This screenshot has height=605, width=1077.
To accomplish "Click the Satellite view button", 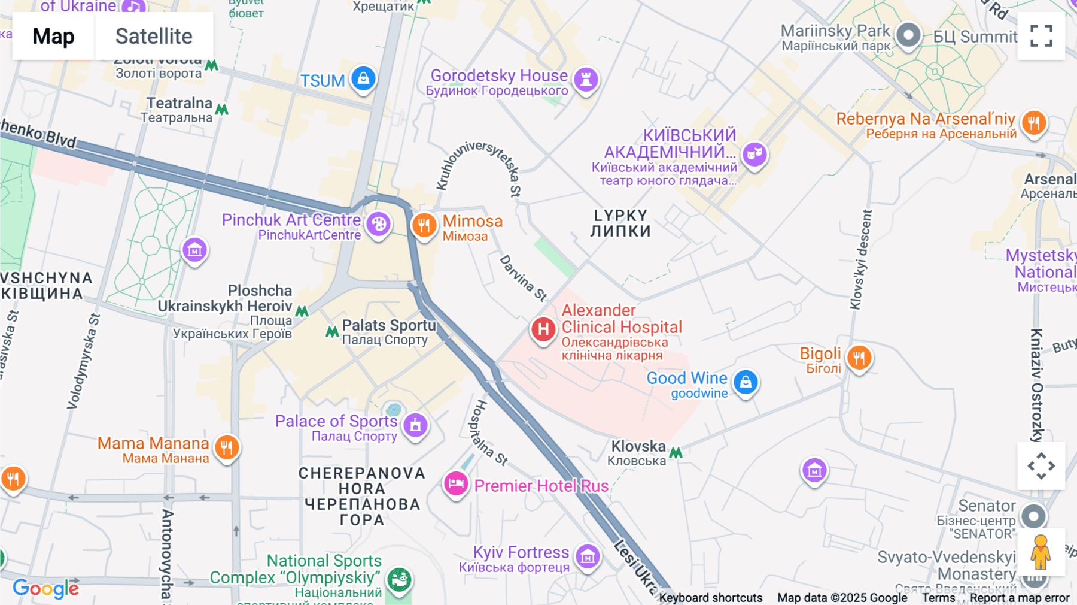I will (x=154, y=36).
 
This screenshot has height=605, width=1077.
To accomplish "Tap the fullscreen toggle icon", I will (x=1041, y=36).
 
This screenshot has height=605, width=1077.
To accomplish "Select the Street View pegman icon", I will (x=1041, y=552).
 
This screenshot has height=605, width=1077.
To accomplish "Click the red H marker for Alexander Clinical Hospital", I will (x=543, y=329).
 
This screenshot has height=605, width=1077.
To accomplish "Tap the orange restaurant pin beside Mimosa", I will (x=424, y=226).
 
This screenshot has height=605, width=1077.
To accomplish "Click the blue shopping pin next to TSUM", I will (x=363, y=78).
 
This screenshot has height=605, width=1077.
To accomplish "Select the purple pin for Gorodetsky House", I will (x=586, y=79).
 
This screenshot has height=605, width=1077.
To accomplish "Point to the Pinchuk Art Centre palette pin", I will (x=378, y=225).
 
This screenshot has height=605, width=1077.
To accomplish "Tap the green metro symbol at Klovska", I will (x=676, y=453).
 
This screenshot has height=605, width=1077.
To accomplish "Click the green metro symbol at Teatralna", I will (x=222, y=110).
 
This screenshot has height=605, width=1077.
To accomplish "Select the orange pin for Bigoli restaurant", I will (x=859, y=358).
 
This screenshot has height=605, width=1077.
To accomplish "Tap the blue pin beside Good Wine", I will (x=746, y=382).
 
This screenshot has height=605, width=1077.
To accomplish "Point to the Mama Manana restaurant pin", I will (x=227, y=447).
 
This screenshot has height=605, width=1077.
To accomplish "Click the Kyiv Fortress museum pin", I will (x=587, y=556).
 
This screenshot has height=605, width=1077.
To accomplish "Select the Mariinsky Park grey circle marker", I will (x=908, y=35).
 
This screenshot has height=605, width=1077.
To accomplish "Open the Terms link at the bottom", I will (x=938, y=598).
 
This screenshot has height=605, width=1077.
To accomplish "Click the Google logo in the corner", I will (x=45, y=589).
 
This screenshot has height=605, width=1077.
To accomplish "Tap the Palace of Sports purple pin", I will (x=415, y=425).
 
